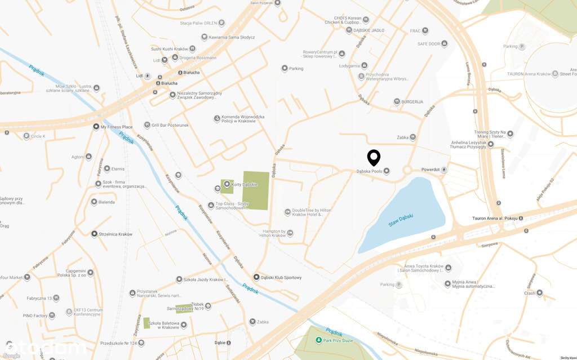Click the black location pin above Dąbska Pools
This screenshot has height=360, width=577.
pyautogui.click(x=374, y=157)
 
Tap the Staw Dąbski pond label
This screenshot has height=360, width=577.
pyautogui.click(x=401, y=222)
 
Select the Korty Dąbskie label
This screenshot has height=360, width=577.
pyautogui.click(x=245, y=184)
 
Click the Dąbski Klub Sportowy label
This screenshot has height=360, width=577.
pyautogui.click(x=281, y=277)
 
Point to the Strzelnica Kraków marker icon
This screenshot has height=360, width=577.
pyautogui.click(x=94, y=234)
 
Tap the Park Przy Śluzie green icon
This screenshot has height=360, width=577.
pyautogui.click(x=319, y=340)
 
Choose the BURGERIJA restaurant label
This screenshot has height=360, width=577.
pyautogui.click(x=412, y=102)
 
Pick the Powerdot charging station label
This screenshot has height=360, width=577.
pyautogui.click(x=430, y=170)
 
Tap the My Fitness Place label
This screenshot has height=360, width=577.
pyautogui.click(x=117, y=127)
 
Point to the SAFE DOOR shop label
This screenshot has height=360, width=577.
pyautogui.click(x=429, y=43)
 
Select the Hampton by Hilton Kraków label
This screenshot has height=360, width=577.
pyautogui.click(x=274, y=233)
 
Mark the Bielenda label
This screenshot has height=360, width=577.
pyautogui.click(x=106, y=202)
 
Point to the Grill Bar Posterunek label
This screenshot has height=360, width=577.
pyautogui.click(x=170, y=125)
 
